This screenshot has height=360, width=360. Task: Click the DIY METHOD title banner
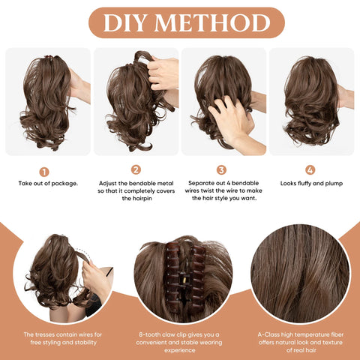pos(180,22)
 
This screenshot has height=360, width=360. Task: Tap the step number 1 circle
pos(44,171)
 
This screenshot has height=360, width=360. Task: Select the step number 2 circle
pos(136,170)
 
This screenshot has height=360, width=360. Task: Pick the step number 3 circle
pos(222,170)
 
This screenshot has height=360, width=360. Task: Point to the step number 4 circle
pos(310,170)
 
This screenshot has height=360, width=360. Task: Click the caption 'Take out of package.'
pos(48,183)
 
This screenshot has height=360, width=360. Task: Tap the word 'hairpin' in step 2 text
pos(136,199)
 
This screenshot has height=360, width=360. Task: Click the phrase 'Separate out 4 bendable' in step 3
pos(223,183)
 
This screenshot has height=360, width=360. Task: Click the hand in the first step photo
pos(79,86)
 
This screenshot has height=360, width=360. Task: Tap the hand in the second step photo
pos(163,73)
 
